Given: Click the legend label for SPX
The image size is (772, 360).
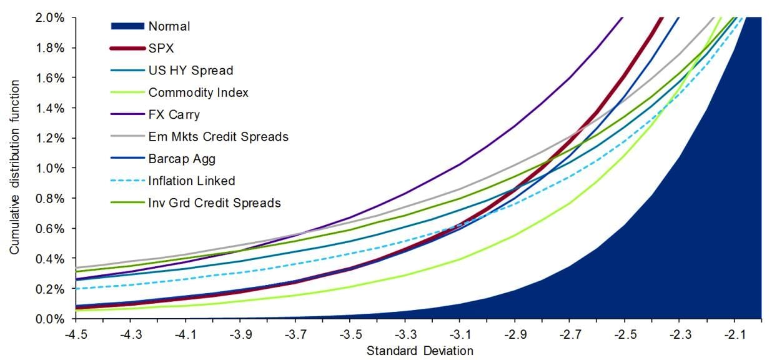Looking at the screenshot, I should tap(161, 48).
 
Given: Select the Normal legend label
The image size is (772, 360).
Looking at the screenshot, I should tap(169, 26).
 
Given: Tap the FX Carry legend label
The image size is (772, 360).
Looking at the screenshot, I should tap(174, 114).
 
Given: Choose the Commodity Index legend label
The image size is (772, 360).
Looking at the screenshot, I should tap(198, 92).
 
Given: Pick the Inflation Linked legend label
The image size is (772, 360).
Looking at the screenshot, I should tap(191, 181).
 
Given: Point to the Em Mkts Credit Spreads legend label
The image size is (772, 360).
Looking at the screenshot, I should tap(218, 137).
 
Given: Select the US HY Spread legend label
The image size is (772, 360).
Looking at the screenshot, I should tap(191, 71).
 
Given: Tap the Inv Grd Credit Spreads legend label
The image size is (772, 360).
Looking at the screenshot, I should tap(214, 203).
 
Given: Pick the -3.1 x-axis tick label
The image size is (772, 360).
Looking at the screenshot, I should tap(458, 334).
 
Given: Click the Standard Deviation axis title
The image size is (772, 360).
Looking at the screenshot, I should tap(420, 350).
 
